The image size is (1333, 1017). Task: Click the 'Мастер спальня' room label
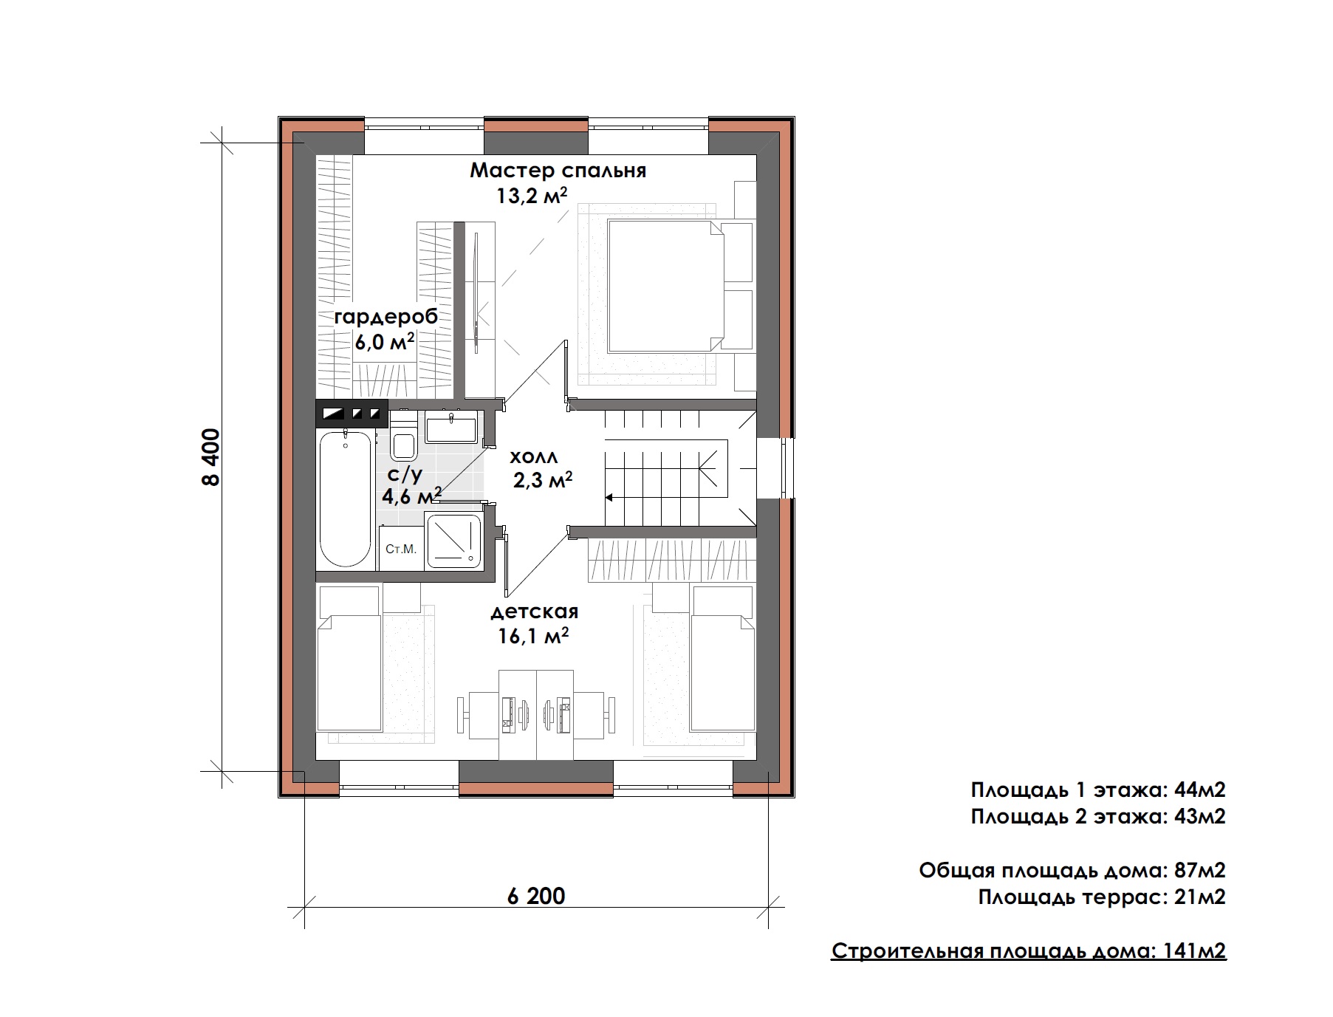tap(558, 171)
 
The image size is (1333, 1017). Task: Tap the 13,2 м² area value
tap(532, 196)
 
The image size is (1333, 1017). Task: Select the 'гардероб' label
tap(386, 317)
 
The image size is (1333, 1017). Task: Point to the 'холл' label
tap(534, 456)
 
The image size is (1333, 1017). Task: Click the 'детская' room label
tap(535, 612)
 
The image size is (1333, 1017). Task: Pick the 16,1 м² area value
tap(533, 635)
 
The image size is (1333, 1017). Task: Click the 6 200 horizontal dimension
tap(536, 896)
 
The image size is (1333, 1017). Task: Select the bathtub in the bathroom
tap(345, 499)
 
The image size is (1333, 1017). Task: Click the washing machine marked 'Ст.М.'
tap(401, 548)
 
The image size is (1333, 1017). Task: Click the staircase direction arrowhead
tap(609, 496)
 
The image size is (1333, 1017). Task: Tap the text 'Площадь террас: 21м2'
tap(1102, 897)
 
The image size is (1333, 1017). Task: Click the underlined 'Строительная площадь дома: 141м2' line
tap(1029, 951)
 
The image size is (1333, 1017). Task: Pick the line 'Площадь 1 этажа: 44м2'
tap(1098, 790)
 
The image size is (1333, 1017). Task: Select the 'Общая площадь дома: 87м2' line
tap(1072, 871)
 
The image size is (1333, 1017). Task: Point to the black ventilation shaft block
tap(352, 414)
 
